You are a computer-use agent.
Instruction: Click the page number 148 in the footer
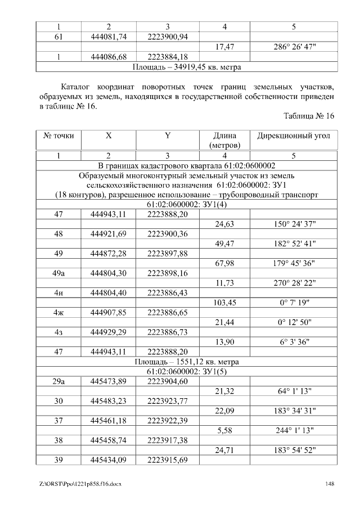(331, 484)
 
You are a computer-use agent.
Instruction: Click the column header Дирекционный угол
(294, 136)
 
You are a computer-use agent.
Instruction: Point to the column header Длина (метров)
(225, 140)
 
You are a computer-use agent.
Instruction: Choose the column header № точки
(58, 136)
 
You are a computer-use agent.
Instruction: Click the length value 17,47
(225, 47)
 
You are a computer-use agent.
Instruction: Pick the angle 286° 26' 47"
(294, 47)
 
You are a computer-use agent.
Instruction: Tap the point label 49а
(58, 273)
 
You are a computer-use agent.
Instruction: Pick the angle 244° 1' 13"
(294, 430)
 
